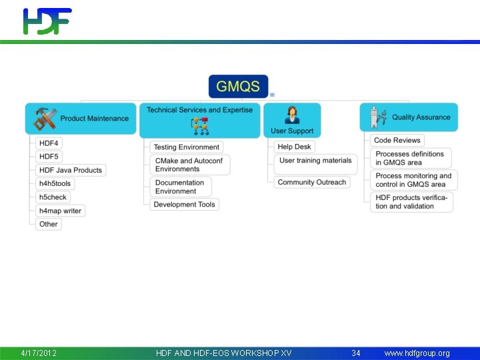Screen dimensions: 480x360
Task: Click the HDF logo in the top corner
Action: (47, 21)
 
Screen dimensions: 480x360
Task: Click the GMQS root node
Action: (238, 87)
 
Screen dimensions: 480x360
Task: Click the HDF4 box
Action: (49, 143)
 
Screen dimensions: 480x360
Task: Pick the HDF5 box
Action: (49, 157)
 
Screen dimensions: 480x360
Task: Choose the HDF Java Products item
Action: (70, 170)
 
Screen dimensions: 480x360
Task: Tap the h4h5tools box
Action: (55, 183)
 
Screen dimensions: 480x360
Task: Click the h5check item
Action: (53, 197)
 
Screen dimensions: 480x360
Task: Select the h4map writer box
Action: (60, 211)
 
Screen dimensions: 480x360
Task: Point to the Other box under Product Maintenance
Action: (49, 224)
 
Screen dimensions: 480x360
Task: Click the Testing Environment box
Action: (186, 147)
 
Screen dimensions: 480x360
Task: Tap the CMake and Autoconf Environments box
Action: (189, 165)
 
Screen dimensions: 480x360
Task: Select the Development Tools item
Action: (184, 205)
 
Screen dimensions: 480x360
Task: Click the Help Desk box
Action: (294, 147)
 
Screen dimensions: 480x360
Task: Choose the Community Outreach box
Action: (312, 182)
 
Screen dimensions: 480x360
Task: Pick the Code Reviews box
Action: (397, 141)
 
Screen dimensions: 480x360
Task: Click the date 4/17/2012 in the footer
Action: (39, 353)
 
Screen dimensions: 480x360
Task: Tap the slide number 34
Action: (356, 353)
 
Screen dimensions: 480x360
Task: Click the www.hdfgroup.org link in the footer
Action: (417, 353)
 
